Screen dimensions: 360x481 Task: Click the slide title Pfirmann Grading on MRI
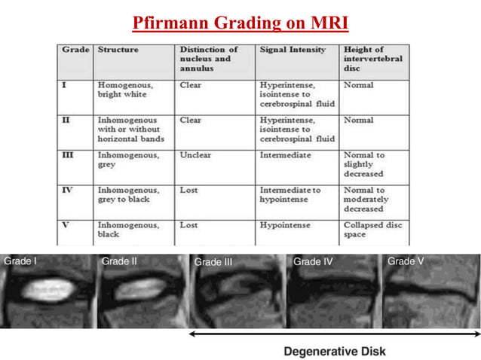pyautogui.click(x=240, y=23)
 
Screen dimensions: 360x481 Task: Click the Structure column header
pyautogui.click(x=118, y=50)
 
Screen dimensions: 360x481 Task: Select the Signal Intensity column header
pyautogui.click(x=293, y=50)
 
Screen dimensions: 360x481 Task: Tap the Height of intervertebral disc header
pyautogui.click(x=372, y=58)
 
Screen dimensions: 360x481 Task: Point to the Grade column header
pyautogui.click(x=75, y=50)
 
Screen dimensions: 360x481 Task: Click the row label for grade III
pyautogui.click(x=66, y=155)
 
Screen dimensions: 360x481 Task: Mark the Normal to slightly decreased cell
pyautogui.click(x=364, y=164)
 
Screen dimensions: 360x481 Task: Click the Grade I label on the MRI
pyautogui.click(x=21, y=261)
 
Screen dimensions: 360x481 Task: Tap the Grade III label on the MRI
pyautogui.click(x=213, y=263)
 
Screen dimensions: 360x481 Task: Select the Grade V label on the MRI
pyautogui.click(x=406, y=261)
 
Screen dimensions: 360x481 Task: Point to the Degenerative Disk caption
pyautogui.click(x=334, y=351)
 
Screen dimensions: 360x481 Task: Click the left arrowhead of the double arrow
pyautogui.click(x=191, y=332)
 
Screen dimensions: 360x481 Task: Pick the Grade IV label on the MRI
pyautogui.click(x=313, y=262)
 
